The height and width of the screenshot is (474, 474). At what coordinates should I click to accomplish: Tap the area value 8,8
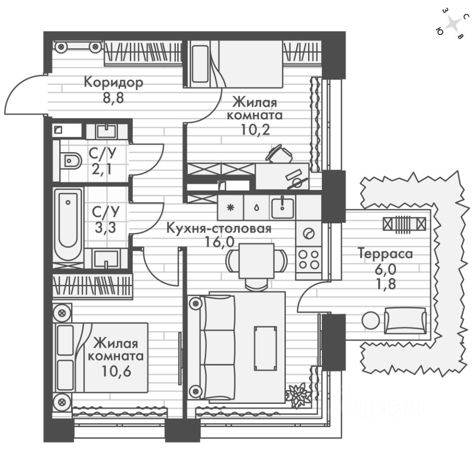114,97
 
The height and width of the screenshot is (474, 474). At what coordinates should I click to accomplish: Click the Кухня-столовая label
219,229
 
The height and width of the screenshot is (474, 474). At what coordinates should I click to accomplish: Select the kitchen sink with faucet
282,207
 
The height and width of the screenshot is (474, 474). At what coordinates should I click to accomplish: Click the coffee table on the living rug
265,348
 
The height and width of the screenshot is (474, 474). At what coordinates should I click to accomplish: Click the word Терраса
385,254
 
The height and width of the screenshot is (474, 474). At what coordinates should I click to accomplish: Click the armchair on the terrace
405,320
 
